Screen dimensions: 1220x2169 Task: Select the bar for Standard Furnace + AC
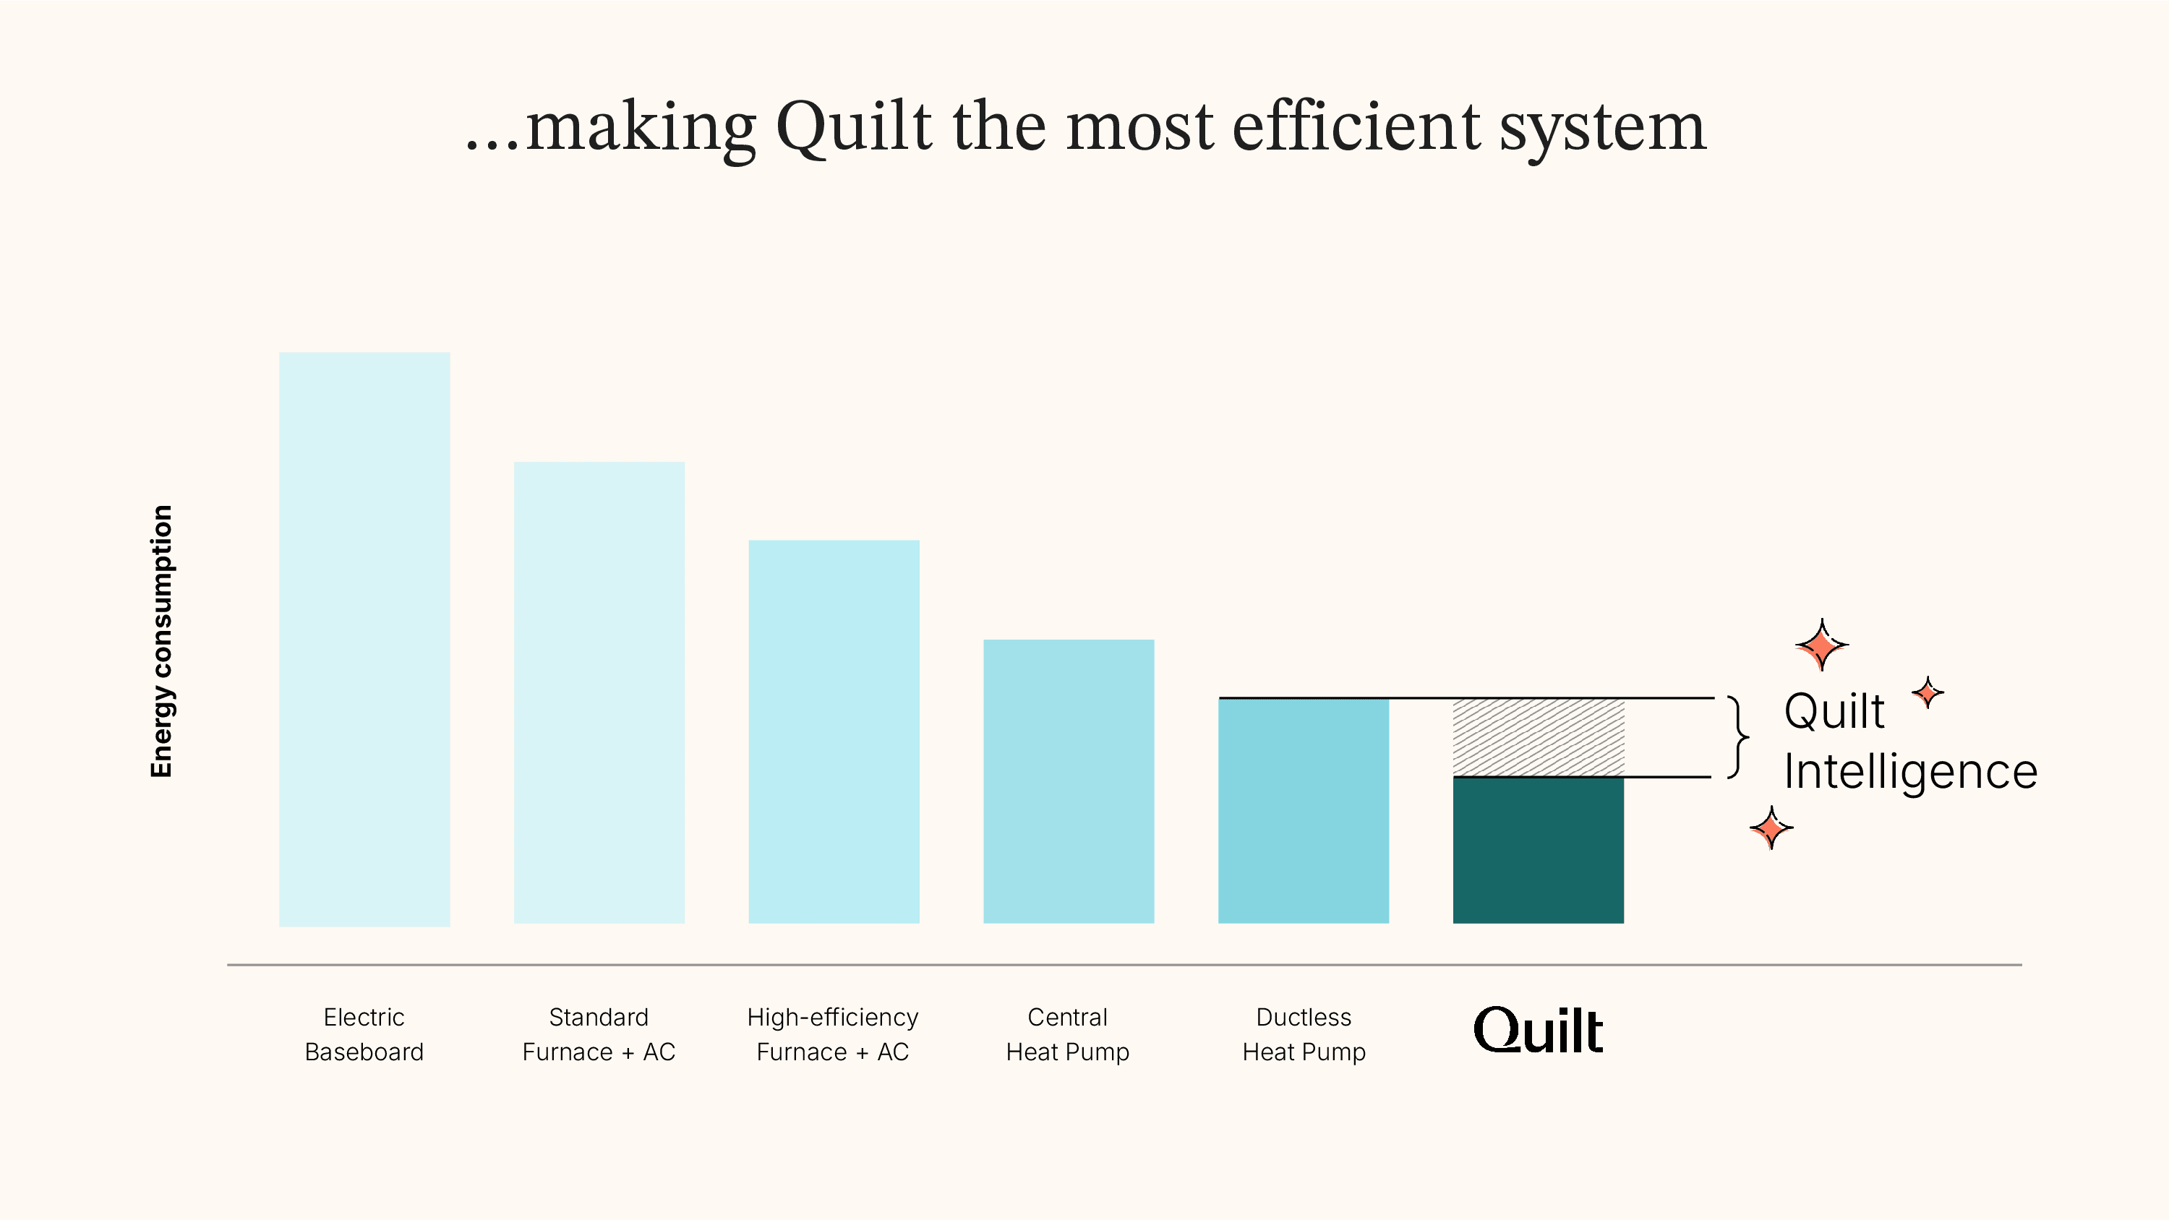pyautogui.click(x=599, y=692)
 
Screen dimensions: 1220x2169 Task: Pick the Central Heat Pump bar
pyautogui.click(x=1069, y=781)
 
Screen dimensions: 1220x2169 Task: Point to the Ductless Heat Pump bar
pyautogui.click(x=1304, y=810)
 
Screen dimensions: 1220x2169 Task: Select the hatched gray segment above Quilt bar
pyautogui.click(x=1539, y=737)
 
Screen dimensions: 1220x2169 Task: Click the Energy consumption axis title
pyautogui.click(x=161, y=641)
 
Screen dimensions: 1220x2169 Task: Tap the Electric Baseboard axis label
pyautogui.click(x=364, y=1034)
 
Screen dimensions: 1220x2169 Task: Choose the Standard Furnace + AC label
pyautogui.click(x=599, y=1034)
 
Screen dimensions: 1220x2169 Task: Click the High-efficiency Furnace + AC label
pyautogui.click(x=833, y=1034)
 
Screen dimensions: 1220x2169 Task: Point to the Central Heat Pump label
pyautogui.click(x=1068, y=1034)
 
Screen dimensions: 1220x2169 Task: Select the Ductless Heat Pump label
pyautogui.click(x=1304, y=1034)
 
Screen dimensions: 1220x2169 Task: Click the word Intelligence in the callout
pyautogui.click(x=1909, y=772)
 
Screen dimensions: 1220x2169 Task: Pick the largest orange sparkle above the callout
pyautogui.click(x=1822, y=645)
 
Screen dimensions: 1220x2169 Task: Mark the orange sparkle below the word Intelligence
pyautogui.click(x=1771, y=828)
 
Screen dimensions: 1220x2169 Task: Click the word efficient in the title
pyautogui.click(x=1356, y=127)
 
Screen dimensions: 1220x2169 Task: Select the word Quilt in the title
pyautogui.click(x=854, y=127)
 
